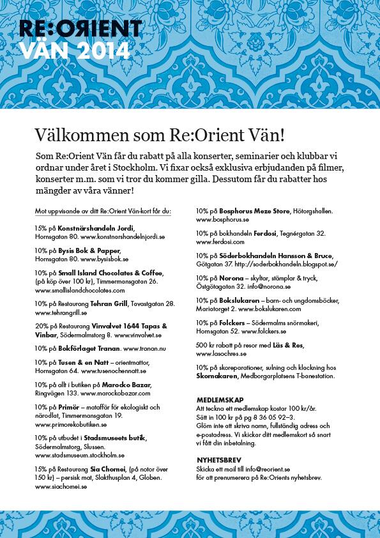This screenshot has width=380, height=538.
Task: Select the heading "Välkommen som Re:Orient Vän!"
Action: click(x=159, y=135)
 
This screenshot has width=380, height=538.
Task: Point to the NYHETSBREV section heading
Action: click(x=218, y=459)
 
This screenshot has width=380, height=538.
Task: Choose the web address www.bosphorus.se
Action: click(x=222, y=219)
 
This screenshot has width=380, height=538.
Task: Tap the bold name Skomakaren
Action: click(x=217, y=376)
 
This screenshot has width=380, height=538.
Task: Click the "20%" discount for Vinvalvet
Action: click(x=42, y=326)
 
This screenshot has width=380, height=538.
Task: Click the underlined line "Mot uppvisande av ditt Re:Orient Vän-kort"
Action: click(x=102, y=210)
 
